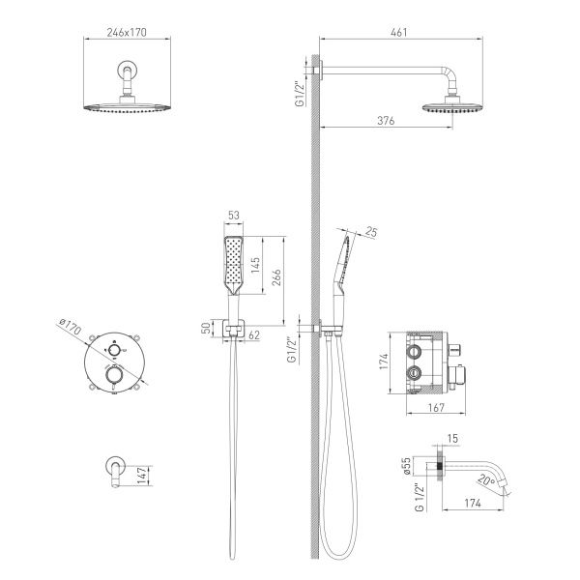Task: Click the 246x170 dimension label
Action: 127,33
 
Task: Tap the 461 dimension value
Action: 399,33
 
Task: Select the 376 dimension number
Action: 386,121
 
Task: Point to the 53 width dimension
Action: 234,216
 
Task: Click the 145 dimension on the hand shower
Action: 255,265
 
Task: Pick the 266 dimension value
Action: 276,277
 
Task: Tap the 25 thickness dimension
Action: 371,232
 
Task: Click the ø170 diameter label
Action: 70,327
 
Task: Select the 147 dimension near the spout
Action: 142,476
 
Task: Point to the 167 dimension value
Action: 436,408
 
